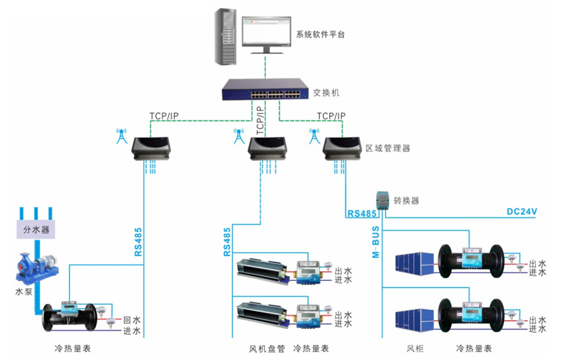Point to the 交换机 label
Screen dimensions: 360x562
(x=326, y=93)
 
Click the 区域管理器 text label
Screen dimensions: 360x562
(x=388, y=148)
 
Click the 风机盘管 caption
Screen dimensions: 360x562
(x=266, y=349)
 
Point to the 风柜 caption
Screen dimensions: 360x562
(x=415, y=349)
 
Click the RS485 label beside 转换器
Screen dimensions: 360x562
(x=362, y=214)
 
